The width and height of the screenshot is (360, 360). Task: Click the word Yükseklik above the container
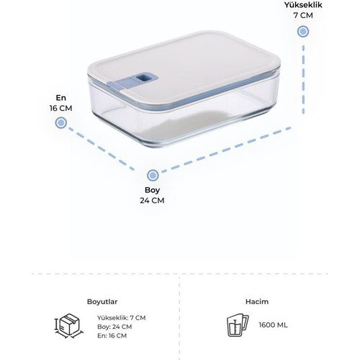pyautogui.click(x=303, y=5)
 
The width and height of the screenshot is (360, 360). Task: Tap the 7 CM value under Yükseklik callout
pyautogui.click(x=303, y=15)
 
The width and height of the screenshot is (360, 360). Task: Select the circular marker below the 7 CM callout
pyautogui.click(x=303, y=32)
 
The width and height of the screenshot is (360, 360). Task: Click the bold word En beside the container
pyautogui.click(x=61, y=98)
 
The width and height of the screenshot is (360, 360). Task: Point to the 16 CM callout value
pyautogui.click(x=61, y=108)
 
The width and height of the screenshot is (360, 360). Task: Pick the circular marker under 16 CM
pyautogui.click(x=61, y=122)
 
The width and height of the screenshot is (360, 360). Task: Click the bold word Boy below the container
pyautogui.click(x=152, y=190)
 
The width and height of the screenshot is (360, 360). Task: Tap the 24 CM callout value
pyautogui.click(x=152, y=200)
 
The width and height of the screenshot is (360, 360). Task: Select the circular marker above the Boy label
pyautogui.click(x=153, y=176)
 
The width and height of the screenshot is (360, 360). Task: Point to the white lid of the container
pyautogui.click(x=185, y=69)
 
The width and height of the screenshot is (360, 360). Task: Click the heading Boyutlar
pyautogui.click(x=102, y=302)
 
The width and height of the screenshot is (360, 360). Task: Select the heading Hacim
pyautogui.click(x=257, y=302)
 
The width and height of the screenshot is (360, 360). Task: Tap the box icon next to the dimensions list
pyautogui.click(x=69, y=326)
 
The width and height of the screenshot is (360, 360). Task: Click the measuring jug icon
pyautogui.click(x=238, y=325)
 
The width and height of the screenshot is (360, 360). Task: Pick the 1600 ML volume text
pyautogui.click(x=273, y=325)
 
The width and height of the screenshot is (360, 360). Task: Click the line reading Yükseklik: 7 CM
pyautogui.click(x=122, y=318)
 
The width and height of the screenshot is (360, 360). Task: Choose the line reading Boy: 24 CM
pyautogui.click(x=114, y=327)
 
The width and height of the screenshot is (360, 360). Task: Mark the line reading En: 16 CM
pyautogui.click(x=112, y=336)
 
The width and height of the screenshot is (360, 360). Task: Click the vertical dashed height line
pyautogui.click(x=303, y=79)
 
